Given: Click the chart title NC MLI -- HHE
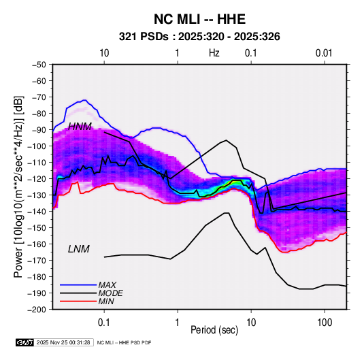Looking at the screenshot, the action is pos(199,19).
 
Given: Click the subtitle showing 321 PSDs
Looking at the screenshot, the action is pos(199,37).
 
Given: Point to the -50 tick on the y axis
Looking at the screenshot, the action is pos(39,65).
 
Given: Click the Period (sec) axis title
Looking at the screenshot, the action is pos(214,330).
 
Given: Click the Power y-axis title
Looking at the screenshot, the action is pos(18,187).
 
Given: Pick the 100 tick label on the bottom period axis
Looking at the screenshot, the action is pos(325,323).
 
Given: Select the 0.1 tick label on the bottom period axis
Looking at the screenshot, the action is pos(104,323).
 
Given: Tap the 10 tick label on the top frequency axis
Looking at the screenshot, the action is pos(104,53).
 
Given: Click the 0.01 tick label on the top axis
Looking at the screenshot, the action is pos(324,53).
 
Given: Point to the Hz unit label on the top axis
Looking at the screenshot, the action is pos(214,53).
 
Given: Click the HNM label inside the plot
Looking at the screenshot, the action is pos(80,127).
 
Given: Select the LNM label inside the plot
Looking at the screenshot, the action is pos(79,249).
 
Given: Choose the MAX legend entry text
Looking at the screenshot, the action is pos(107,284).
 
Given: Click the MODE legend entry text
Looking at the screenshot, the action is pos(110,293).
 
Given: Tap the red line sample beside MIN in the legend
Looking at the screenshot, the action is pos(78,301).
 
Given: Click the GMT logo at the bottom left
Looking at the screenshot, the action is pos(24,342).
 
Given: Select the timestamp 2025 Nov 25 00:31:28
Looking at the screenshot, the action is pos(63,342).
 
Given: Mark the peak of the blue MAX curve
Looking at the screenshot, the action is pos(85,100).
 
